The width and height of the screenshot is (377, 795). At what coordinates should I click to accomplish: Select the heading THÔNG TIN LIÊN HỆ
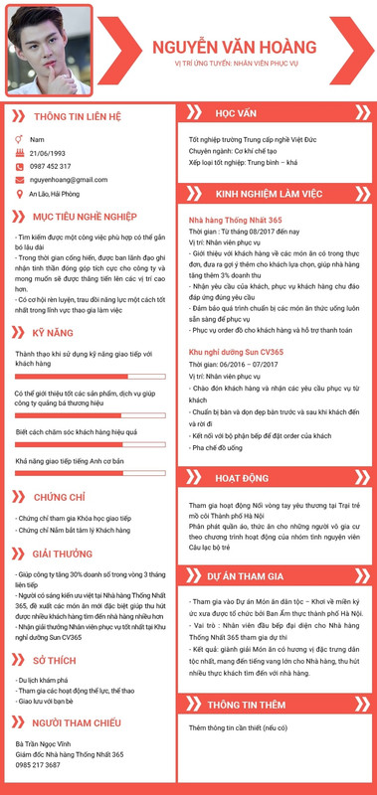tap(77, 116)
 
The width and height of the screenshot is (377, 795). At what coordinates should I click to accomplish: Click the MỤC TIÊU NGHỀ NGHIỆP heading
tap(84, 216)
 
